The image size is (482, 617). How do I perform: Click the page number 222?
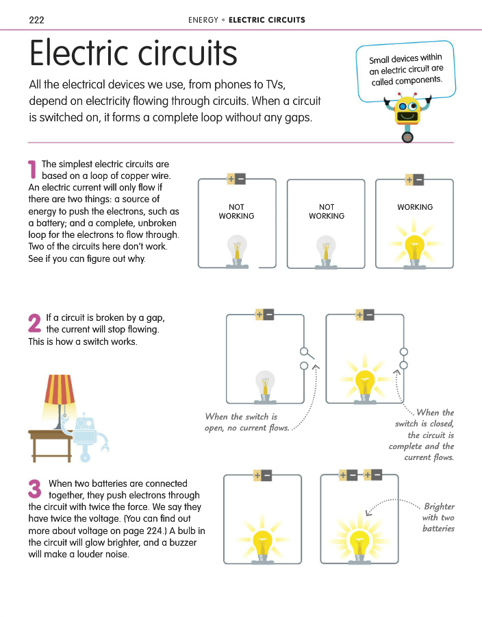pyautogui.click(x=37, y=20)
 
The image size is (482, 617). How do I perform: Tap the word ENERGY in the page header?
pyautogui.click(x=203, y=20)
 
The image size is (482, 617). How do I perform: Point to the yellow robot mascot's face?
pyautogui.click(x=408, y=109)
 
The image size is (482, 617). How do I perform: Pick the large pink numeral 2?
pyautogui.click(x=34, y=324)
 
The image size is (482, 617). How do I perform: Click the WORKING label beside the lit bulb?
pyautogui.click(x=415, y=207)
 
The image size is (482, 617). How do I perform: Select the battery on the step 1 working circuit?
pyautogui.click(x=414, y=180)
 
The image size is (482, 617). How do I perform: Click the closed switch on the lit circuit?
pyautogui.click(x=404, y=359)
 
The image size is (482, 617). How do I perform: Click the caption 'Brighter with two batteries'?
pyautogui.click(x=439, y=517)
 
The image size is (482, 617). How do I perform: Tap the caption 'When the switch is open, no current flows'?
pyautogui.click(x=246, y=422)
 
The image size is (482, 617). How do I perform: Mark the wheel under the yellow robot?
pyautogui.click(x=408, y=136)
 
